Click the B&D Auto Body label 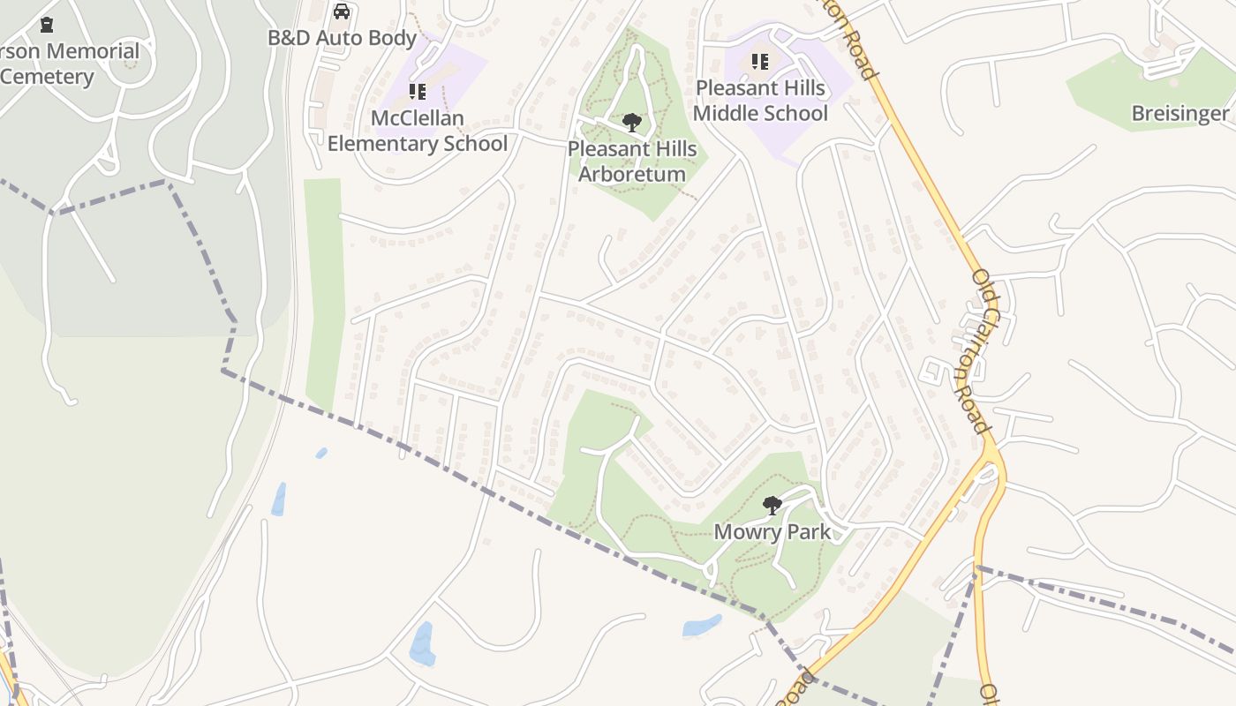(x=342, y=39)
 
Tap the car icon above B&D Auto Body (x=342, y=12)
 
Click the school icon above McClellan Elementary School (x=418, y=92)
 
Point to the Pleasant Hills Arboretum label (x=632, y=161)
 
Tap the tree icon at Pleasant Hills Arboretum (x=631, y=122)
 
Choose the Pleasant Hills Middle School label (x=760, y=101)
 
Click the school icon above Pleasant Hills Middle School (x=760, y=62)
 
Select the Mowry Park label (x=772, y=531)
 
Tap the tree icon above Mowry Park (x=772, y=506)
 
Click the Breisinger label (x=1179, y=113)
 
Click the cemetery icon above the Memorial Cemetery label (x=47, y=25)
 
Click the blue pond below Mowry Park (x=702, y=627)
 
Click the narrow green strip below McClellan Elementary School (x=324, y=291)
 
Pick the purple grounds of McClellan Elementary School (x=459, y=71)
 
